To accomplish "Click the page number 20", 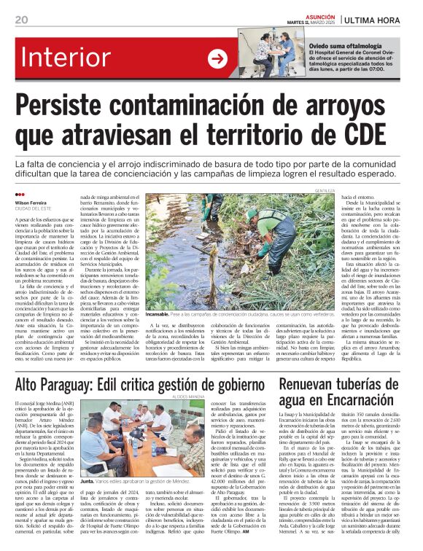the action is click(21, 20).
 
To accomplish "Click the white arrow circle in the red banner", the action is click(217, 59).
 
